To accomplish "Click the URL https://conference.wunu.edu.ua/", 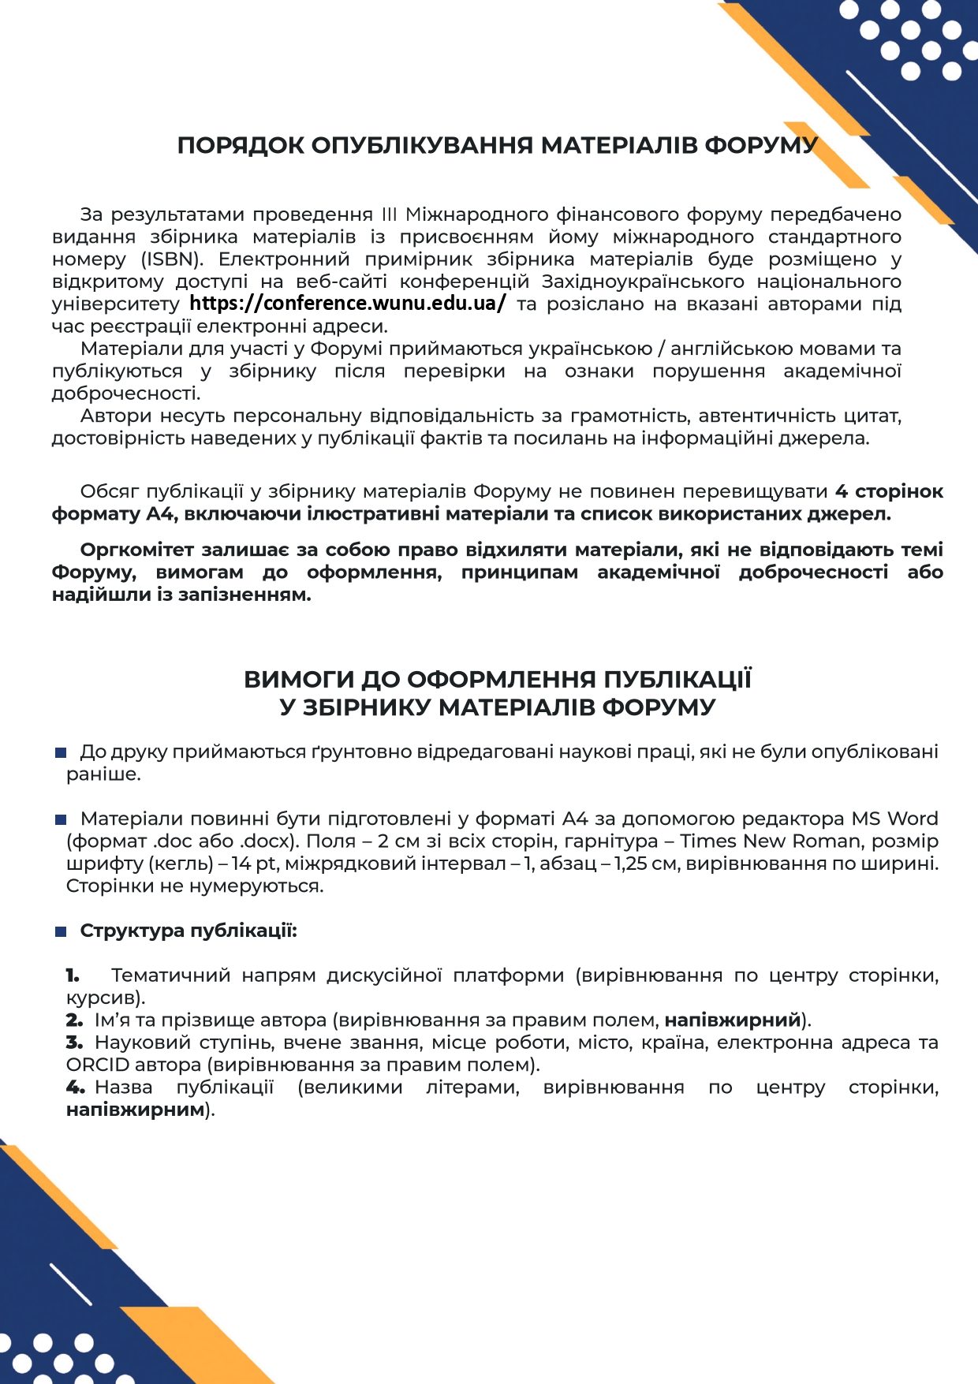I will pos(347,304).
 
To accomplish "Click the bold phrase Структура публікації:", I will pos(189,931).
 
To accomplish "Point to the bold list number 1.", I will pos(73,976).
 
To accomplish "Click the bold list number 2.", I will pos(74,1020).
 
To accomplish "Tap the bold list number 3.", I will pos(74,1043).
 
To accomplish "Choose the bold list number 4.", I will pos(76,1087).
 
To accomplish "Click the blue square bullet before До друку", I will pos(61,752).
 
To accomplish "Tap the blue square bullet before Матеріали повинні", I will pos(61,819).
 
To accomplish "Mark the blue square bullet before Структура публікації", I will pos(61,931).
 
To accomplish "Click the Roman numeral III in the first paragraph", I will pos(389,215).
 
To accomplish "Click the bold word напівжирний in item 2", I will pos(733,1020).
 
